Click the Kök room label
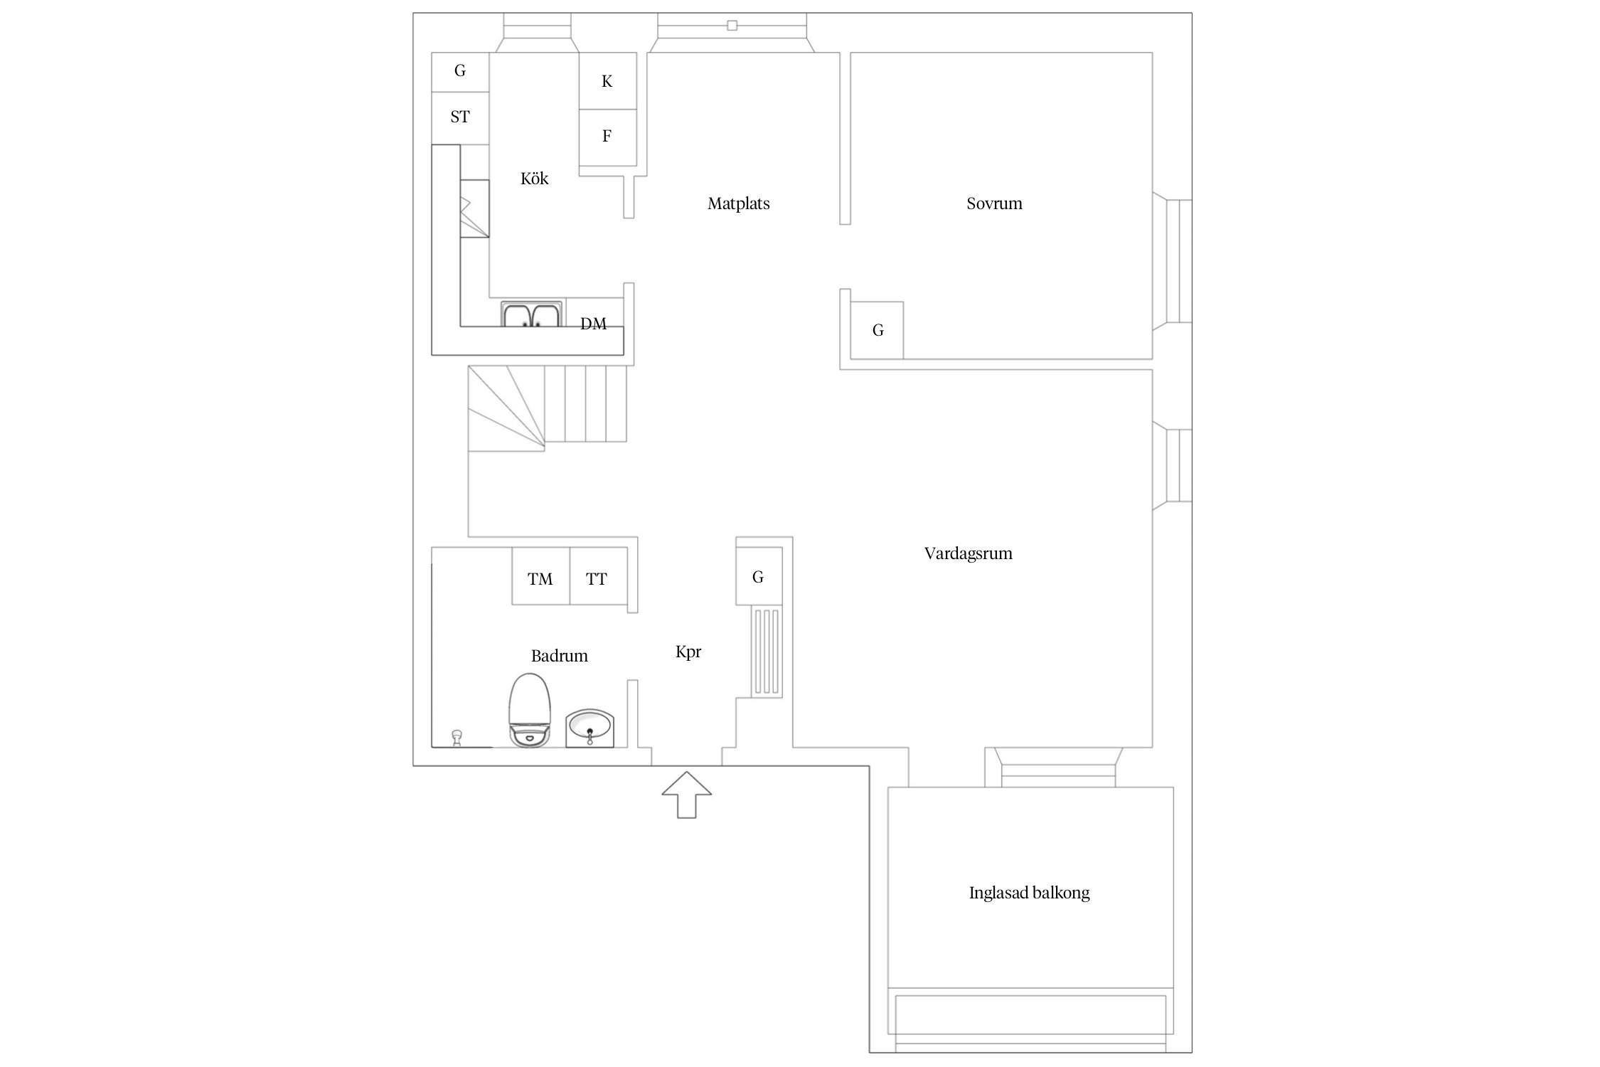[534, 179]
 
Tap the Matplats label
[738, 204]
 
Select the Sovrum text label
[994, 203]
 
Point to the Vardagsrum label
[968, 553]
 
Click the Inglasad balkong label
[1029, 893]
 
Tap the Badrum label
[559, 656]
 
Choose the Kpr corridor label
[688, 652]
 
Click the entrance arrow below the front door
[686, 795]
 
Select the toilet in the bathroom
[530, 710]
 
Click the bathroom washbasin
[590, 728]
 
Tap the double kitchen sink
[531, 314]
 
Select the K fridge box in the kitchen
[607, 81]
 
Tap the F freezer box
[607, 137]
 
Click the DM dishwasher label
[593, 324]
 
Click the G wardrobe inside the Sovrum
[877, 330]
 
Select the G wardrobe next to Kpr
[759, 576]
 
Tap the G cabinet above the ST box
[460, 72]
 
